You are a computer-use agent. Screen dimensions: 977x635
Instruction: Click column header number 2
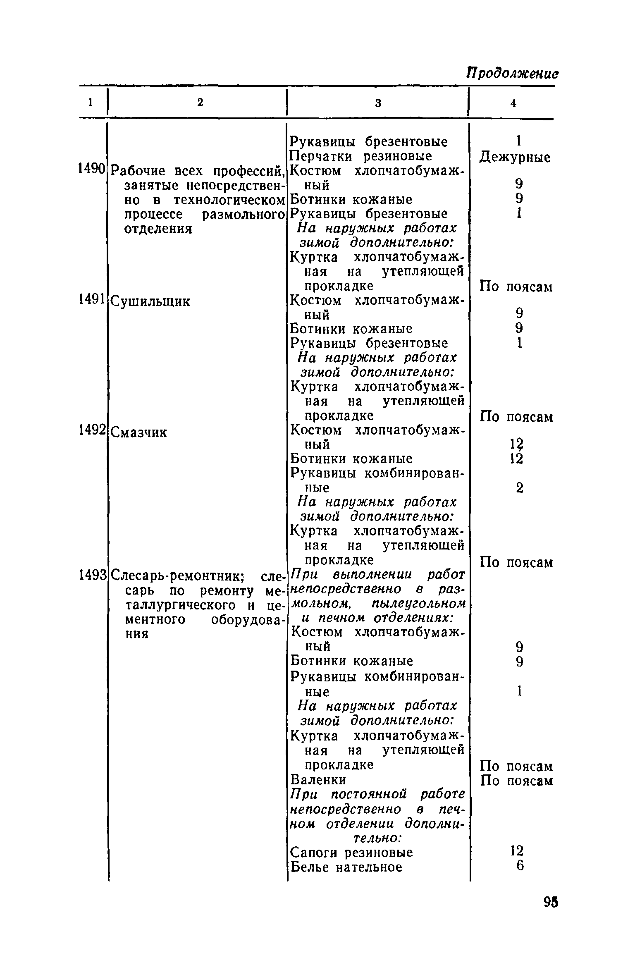point(200,103)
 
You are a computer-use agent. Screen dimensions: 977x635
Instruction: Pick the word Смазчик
point(140,432)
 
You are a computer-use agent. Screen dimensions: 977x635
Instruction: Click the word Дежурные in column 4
point(515,158)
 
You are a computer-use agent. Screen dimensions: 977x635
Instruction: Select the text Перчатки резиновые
point(361,156)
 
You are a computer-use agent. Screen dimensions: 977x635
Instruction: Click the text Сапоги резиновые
point(351,852)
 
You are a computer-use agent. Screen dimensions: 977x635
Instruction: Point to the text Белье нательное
point(346,867)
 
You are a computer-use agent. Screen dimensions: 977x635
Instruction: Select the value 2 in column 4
point(520,488)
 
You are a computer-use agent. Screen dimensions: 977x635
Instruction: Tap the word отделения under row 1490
point(158,229)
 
